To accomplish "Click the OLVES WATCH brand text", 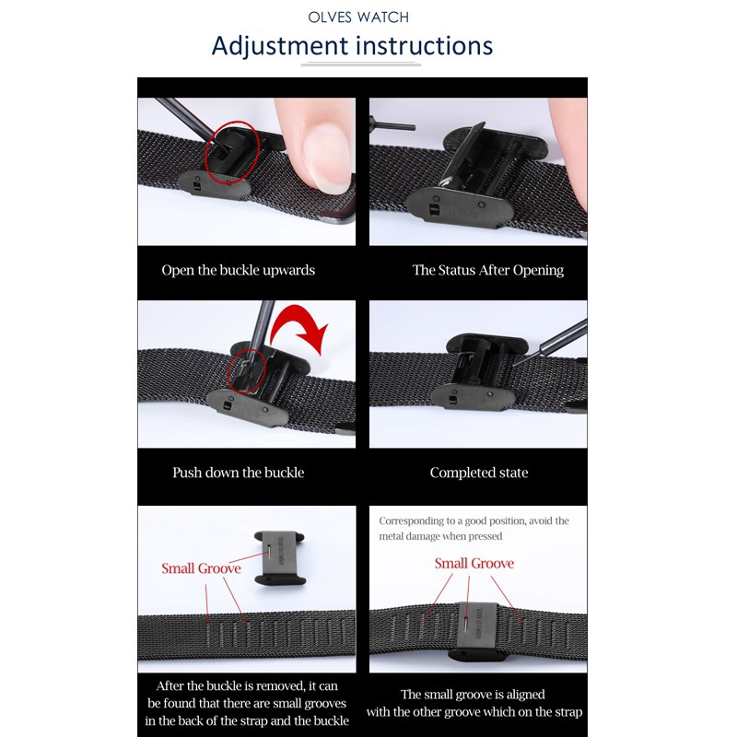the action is tap(358, 18).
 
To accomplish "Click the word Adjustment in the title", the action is tap(280, 46).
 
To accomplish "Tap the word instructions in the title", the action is tap(424, 46).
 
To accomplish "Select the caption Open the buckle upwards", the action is tap(239, 270).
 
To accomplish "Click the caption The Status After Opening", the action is tap(488, 270).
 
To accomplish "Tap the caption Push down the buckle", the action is tap(239, 473).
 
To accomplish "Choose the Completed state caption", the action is tap(478, 473).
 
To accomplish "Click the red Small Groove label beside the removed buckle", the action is tap(201, 568).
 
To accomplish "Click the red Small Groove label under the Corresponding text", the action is tap(474, 563).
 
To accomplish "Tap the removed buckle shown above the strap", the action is tap(280, 558).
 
